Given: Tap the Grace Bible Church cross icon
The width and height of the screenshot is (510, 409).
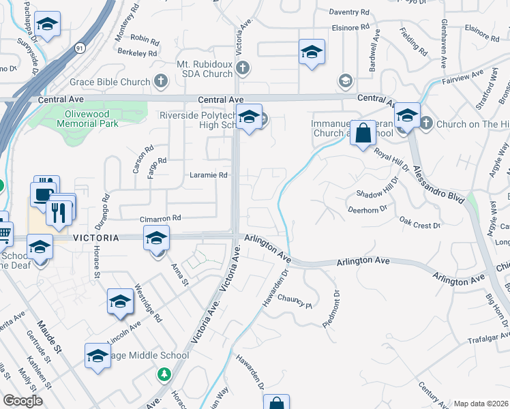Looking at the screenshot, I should tap(161, 82).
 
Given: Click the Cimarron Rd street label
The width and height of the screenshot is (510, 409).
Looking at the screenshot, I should tap(160, 218).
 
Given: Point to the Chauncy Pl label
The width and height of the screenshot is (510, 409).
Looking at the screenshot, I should tap(294, 300).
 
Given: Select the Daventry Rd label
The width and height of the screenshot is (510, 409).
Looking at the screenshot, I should tap(348, 12).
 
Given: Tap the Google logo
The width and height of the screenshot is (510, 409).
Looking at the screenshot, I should tap(23, 401).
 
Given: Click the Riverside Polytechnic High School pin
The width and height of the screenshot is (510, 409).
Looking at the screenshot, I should tap(249, 119).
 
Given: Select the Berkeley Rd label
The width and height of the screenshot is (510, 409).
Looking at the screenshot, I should tap(137, 52).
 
